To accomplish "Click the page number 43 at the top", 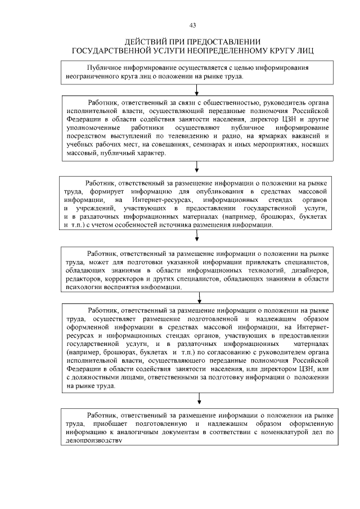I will click(x=193, y=25).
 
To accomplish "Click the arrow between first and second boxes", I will click(x=196, y=90).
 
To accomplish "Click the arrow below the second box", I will click(x=196, y=166).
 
